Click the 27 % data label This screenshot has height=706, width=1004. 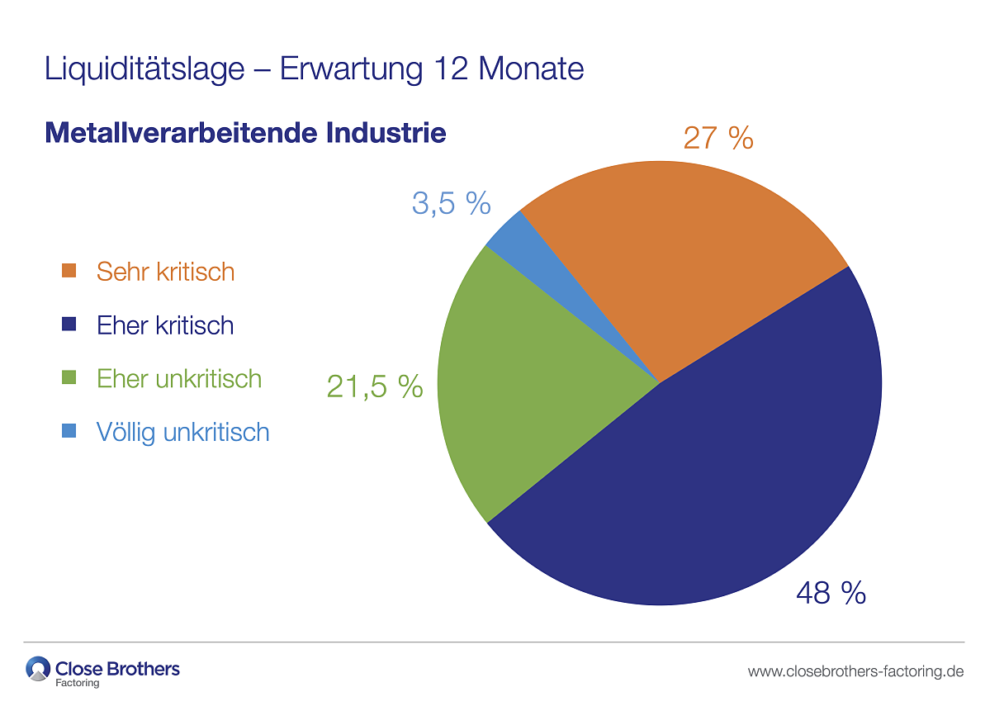pyautogui.click(x=718, y=138)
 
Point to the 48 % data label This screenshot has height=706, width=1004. pyautogui.click(x=831, y=593)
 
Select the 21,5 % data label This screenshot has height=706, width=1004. pyautogui.click(x=375, y=386)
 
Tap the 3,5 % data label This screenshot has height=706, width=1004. pyautogui.click(x=452, y=203)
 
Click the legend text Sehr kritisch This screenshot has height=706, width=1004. pyautogui.click(x=165, y=272)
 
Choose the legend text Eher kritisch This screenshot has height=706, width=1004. pyautogui.click(x=165, y=325)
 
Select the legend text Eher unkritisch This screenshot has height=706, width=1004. pyautogui.click(x=179, y=379)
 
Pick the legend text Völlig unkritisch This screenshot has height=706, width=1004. pyautogui.click(x=182, y=432)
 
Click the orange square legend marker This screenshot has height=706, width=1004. pyautogui.click(x=69, y=272)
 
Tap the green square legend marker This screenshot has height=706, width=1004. pyautogui.click(x=69, y=379)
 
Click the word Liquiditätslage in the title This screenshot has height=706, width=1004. pyautogui.click(x=144, y=69)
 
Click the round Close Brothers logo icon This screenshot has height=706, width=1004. pyautogui.click(x=38, y=668)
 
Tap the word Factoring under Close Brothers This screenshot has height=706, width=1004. pyautogui.click(x=78, y=683)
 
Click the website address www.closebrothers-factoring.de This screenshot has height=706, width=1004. pyautogui.click(x=855, y=671)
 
